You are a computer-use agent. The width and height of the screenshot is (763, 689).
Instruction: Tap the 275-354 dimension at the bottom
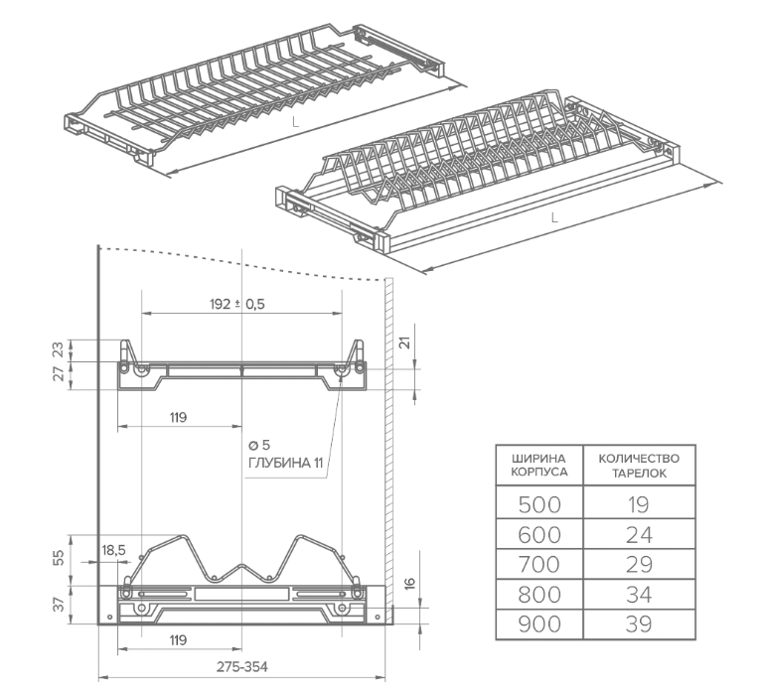pyautogui.click(x=241, y=666)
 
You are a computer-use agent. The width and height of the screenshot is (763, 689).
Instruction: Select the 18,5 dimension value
pyautogui.click(x=113, y=549)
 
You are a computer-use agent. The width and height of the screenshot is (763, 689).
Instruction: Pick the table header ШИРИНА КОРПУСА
pyautogui.click(x=539, y=466)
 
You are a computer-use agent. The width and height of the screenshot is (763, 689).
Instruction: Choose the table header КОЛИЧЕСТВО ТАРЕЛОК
pyautogui.click(x=639, y=466)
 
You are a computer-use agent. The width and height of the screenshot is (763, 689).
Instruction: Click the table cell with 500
pyautogui.click(x=539, y=504)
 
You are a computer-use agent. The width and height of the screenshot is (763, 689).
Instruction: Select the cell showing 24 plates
pyautogui.click(x=639, y=534)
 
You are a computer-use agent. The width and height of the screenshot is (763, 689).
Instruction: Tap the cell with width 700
pyautogui.click(x=539, y=564)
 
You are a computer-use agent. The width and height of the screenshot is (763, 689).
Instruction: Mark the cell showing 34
pyautogui.click(x=639, y=594)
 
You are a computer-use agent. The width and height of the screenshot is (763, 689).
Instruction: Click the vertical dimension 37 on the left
pyautogui.click(x=58, y=602)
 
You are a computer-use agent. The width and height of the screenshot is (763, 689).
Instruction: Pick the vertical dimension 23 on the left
pyautogui.click(x=58, y=349)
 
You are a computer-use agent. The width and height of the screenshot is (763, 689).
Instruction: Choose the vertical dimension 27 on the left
pyautogui.click(x=58, y=374)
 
